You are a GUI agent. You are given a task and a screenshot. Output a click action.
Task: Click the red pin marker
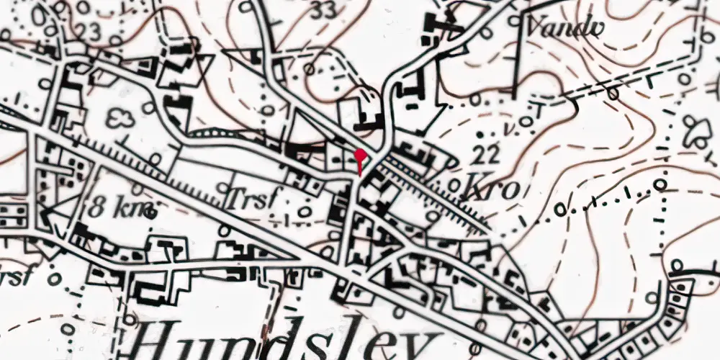tap(360, 156)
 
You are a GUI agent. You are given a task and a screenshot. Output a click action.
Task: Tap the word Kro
tap(493, 189)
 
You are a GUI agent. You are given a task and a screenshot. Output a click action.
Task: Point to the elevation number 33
tap(325, 11)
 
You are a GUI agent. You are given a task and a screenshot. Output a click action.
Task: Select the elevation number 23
tap(88, 31)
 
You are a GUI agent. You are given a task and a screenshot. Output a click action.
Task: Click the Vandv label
tap(564, 27)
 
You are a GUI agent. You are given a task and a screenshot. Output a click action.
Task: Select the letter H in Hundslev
tap(162, 343)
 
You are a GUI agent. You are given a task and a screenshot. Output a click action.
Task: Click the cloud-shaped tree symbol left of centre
tap(120, 119)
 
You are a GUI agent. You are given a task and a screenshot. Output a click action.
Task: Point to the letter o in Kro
tap(510, 191)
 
